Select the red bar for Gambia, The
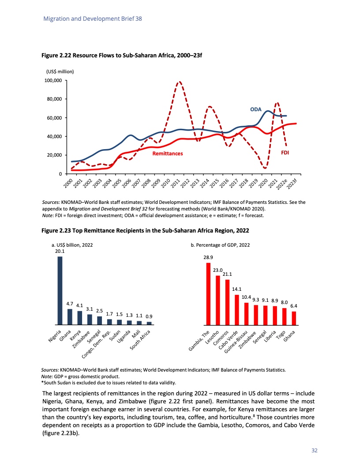click(x=208, y=293)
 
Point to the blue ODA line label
click(x=256, y=109)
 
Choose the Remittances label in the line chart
click(x=167, y=154)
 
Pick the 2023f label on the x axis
click(x=292, y=184)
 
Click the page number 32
click(x=315, y=451)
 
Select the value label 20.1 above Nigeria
click(x=60, y=251)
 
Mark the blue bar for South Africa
click(x=149, y=323)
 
